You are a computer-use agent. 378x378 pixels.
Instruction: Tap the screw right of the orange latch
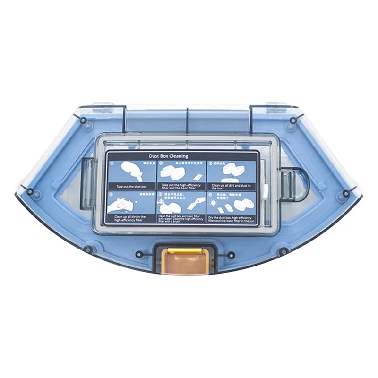click(231, 255)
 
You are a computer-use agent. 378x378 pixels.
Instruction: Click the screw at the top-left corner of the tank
click(83, 120)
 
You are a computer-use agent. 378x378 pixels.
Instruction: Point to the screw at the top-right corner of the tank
click(293, 120)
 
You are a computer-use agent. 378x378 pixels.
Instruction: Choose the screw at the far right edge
click(346, 193)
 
